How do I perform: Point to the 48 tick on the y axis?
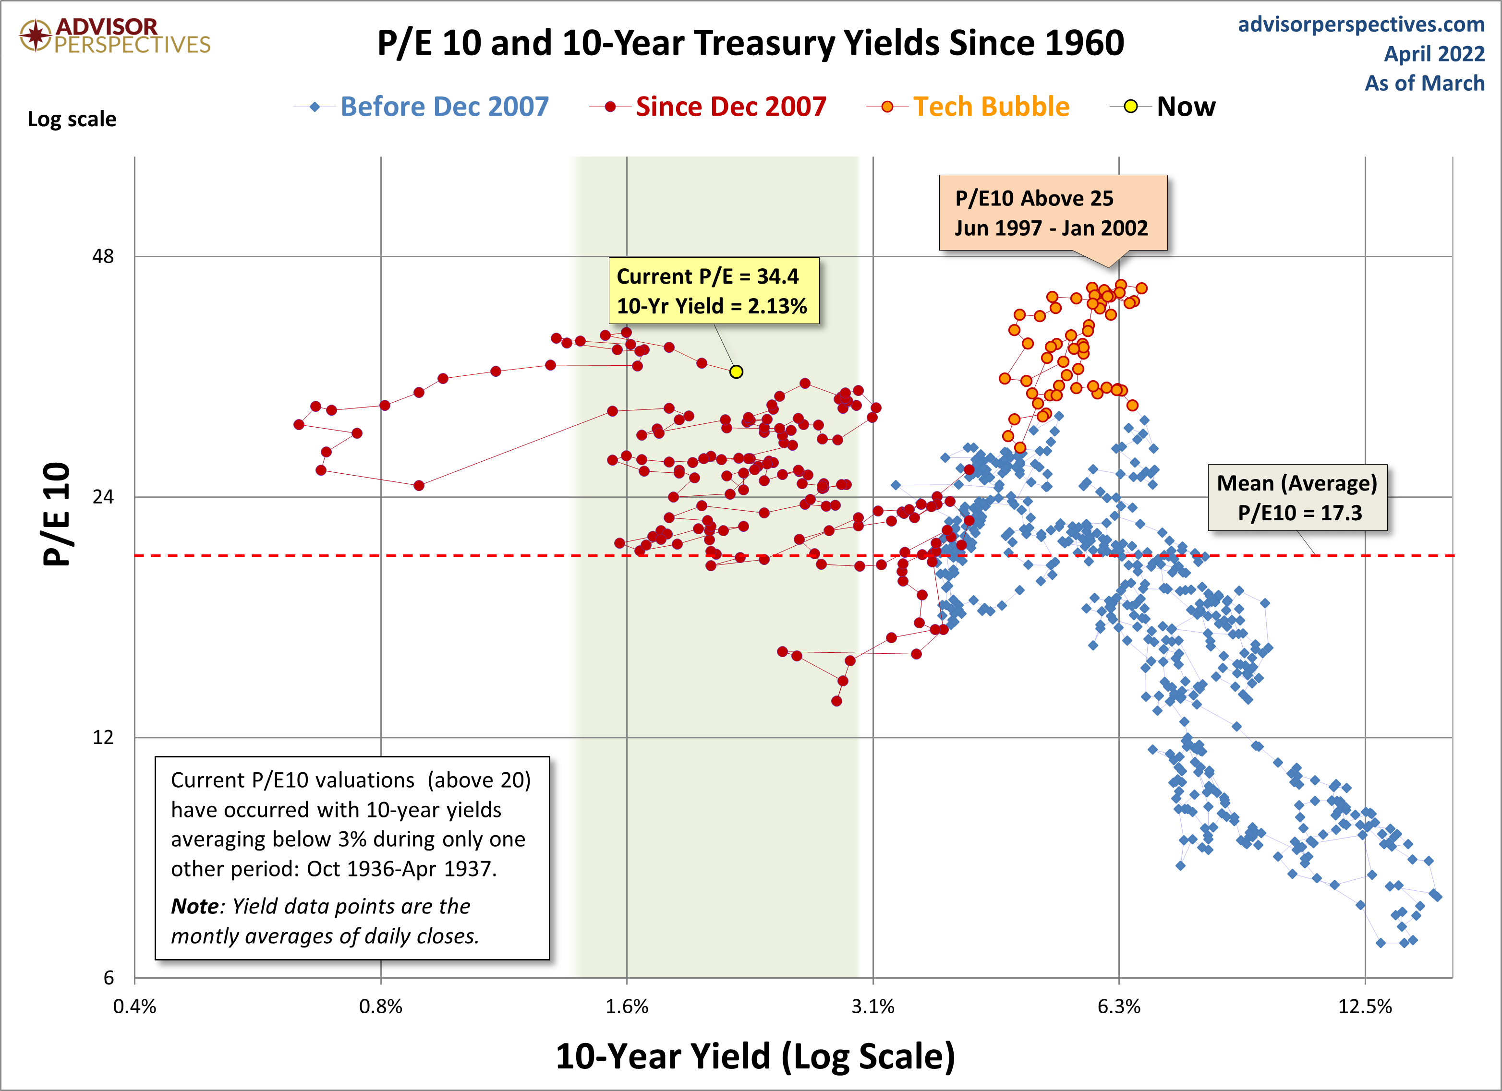[x=103, y=256]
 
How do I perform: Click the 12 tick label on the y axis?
[x=103, y=737]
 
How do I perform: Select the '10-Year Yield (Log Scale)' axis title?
[x=755, y=1056]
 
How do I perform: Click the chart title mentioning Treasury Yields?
[x=751, y=43]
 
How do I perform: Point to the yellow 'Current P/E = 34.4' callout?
[x=713, y=290]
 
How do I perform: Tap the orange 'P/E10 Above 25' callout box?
[x=1053, y=213]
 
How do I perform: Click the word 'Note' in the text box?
[x=194, y=906]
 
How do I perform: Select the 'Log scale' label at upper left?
[x=72, y=119]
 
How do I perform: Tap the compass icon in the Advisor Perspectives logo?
[x=36, y=35]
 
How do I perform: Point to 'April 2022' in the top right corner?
[x=1434, y=54]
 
